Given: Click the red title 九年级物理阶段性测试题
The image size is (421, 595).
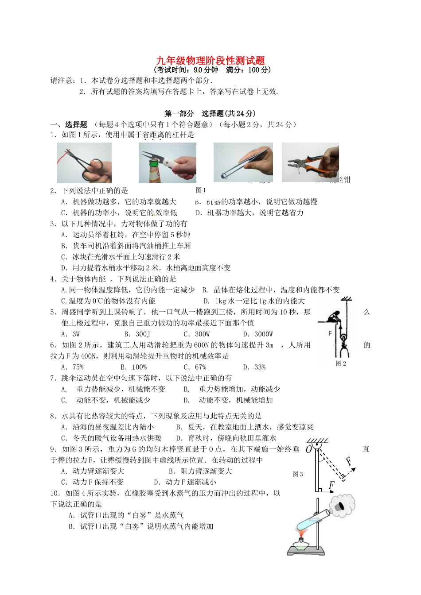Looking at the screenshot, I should click(210, 61).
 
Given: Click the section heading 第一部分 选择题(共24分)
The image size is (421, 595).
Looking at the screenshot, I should click(210, 113).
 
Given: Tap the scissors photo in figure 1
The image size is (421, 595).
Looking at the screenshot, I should click(84, 162).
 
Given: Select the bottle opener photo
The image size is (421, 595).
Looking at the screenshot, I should click(168, 162).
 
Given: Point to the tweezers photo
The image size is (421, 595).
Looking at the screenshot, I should click(243, 162).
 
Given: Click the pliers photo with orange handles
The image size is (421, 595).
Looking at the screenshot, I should click(310, 162).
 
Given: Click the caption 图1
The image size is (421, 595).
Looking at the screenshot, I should click(201, 190).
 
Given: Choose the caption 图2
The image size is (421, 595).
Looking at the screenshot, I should click(341, 363).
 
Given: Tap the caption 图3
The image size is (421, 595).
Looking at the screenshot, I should click(298, 474).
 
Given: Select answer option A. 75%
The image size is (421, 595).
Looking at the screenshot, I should click(72, 367).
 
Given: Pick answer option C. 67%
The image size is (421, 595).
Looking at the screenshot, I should click(195, 367).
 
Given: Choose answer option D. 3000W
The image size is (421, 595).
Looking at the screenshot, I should click(258, 334).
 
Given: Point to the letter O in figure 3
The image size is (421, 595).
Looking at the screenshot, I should click(309, 450).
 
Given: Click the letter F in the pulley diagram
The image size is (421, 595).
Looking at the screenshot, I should click(330, 333).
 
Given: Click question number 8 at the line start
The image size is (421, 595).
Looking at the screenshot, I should click(53, 416).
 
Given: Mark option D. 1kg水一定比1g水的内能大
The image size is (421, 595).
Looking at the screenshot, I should click(254, 301).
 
